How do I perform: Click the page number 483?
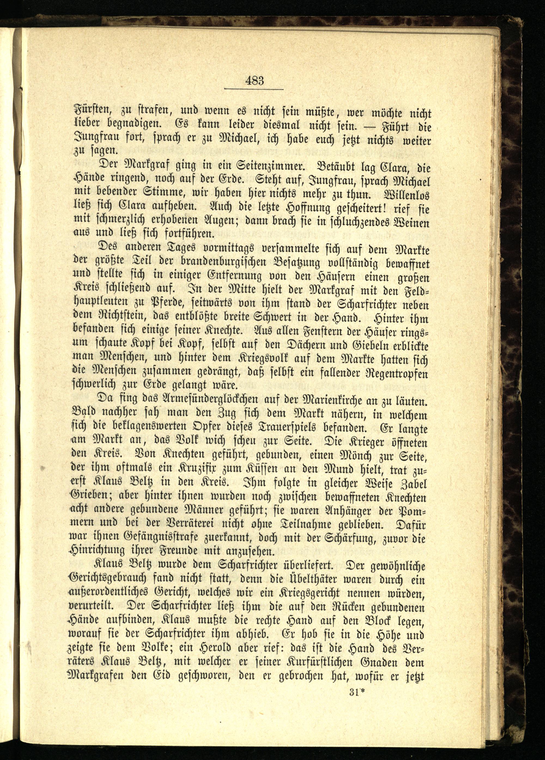(x=255, y=81)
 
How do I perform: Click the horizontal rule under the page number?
(x=253, y=89)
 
